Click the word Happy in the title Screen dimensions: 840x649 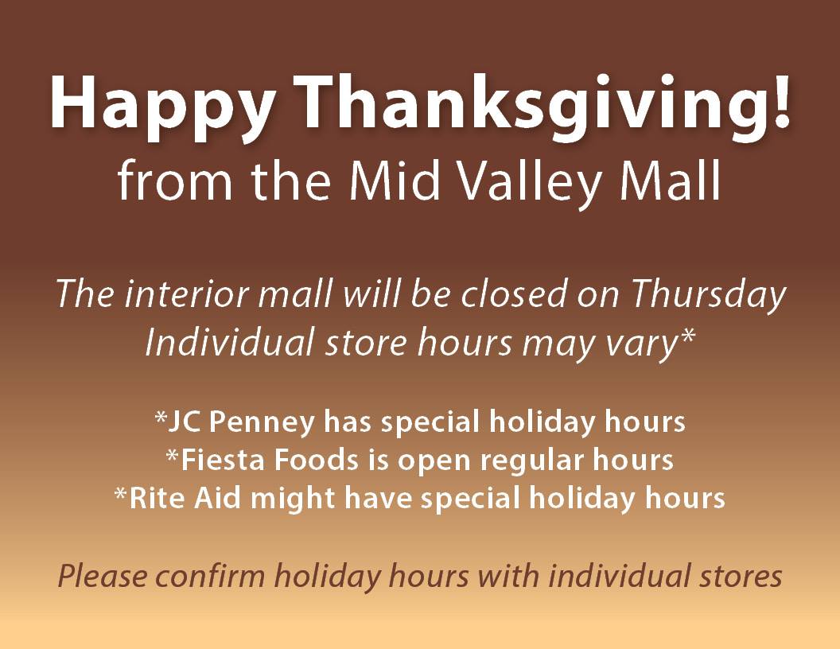click(x=161, y=104)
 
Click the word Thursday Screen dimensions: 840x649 click(x=708, y=295)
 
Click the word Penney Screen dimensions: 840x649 click(x=262, y=422)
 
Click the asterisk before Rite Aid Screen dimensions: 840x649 click(x=121, y=492)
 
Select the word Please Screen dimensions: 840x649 click(x=103, y=576)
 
